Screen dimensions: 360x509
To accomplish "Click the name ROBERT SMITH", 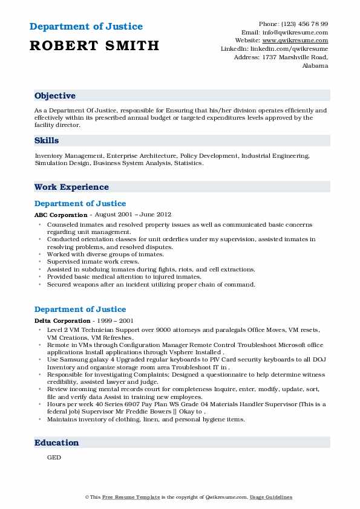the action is click(x=94, y=45).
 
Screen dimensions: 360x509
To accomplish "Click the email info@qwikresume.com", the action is click(x=295, y=32).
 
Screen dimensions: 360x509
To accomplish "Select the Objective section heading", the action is click(x=55, y=96).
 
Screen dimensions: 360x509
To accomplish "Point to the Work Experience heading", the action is click(x=71, y=187).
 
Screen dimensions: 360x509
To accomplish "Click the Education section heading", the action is click(x=56, y=443).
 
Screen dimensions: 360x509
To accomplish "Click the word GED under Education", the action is click(x=54, y=458).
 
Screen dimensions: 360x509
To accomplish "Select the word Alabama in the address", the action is click(x=315, y=65).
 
